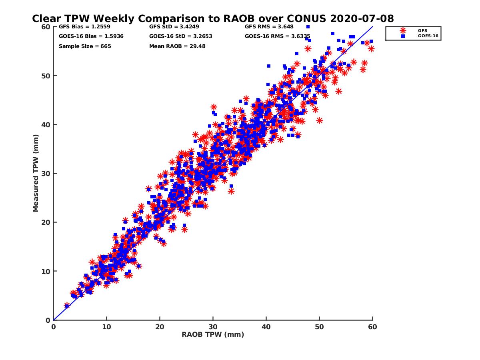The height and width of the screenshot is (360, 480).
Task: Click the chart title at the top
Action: (x=213, y=18)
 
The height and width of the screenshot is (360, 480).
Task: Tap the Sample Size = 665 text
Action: (x=85, y=46)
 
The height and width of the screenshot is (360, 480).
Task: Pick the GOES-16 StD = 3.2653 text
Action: (x=180, y=36)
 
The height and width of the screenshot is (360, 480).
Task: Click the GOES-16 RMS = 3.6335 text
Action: (x=278, y=36)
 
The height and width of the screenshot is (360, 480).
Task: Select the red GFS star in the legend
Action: (x=403, y=30)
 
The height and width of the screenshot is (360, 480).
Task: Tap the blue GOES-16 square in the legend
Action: (x=403, y=36)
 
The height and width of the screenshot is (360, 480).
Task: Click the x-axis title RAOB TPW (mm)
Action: (x=213, y=335)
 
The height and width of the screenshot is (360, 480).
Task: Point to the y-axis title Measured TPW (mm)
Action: (x=36, y=173)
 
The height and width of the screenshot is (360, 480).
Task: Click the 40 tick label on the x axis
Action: (x=266, y=327)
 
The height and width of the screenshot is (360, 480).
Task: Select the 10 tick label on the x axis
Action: (x=106, y=327)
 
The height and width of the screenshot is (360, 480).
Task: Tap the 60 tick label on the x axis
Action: (x=372, y=327)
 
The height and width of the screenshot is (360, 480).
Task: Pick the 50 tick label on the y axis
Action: (x=46, y=76)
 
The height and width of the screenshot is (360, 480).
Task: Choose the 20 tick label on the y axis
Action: (x=46, y=222)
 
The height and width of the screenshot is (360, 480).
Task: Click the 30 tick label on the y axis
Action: (x=46, y=173)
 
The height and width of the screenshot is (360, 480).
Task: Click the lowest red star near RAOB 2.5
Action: (x=67, y=306)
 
